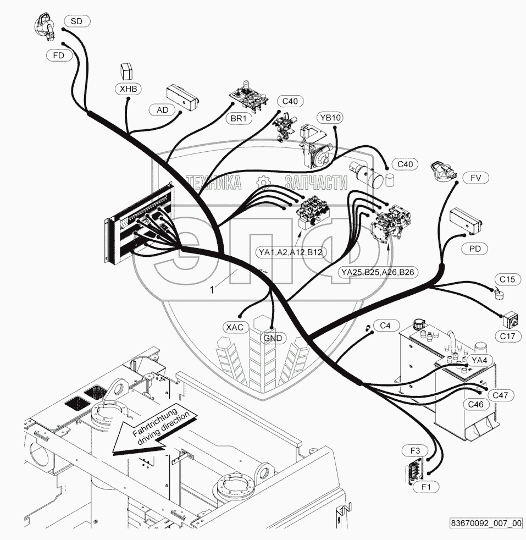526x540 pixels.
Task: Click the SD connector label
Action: pos(76,21)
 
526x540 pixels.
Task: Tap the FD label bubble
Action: pos(59,56)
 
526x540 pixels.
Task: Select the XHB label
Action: pos(128,88)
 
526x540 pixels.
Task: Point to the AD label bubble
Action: pos(163,110)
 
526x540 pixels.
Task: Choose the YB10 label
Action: pos(330,118)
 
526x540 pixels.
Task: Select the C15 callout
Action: pos(507,279)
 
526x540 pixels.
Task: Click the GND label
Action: pos(273,338)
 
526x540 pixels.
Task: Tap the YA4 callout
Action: pos(480,361)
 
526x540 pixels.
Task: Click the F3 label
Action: pos(415,451)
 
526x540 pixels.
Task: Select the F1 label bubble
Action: pos(426,486)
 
